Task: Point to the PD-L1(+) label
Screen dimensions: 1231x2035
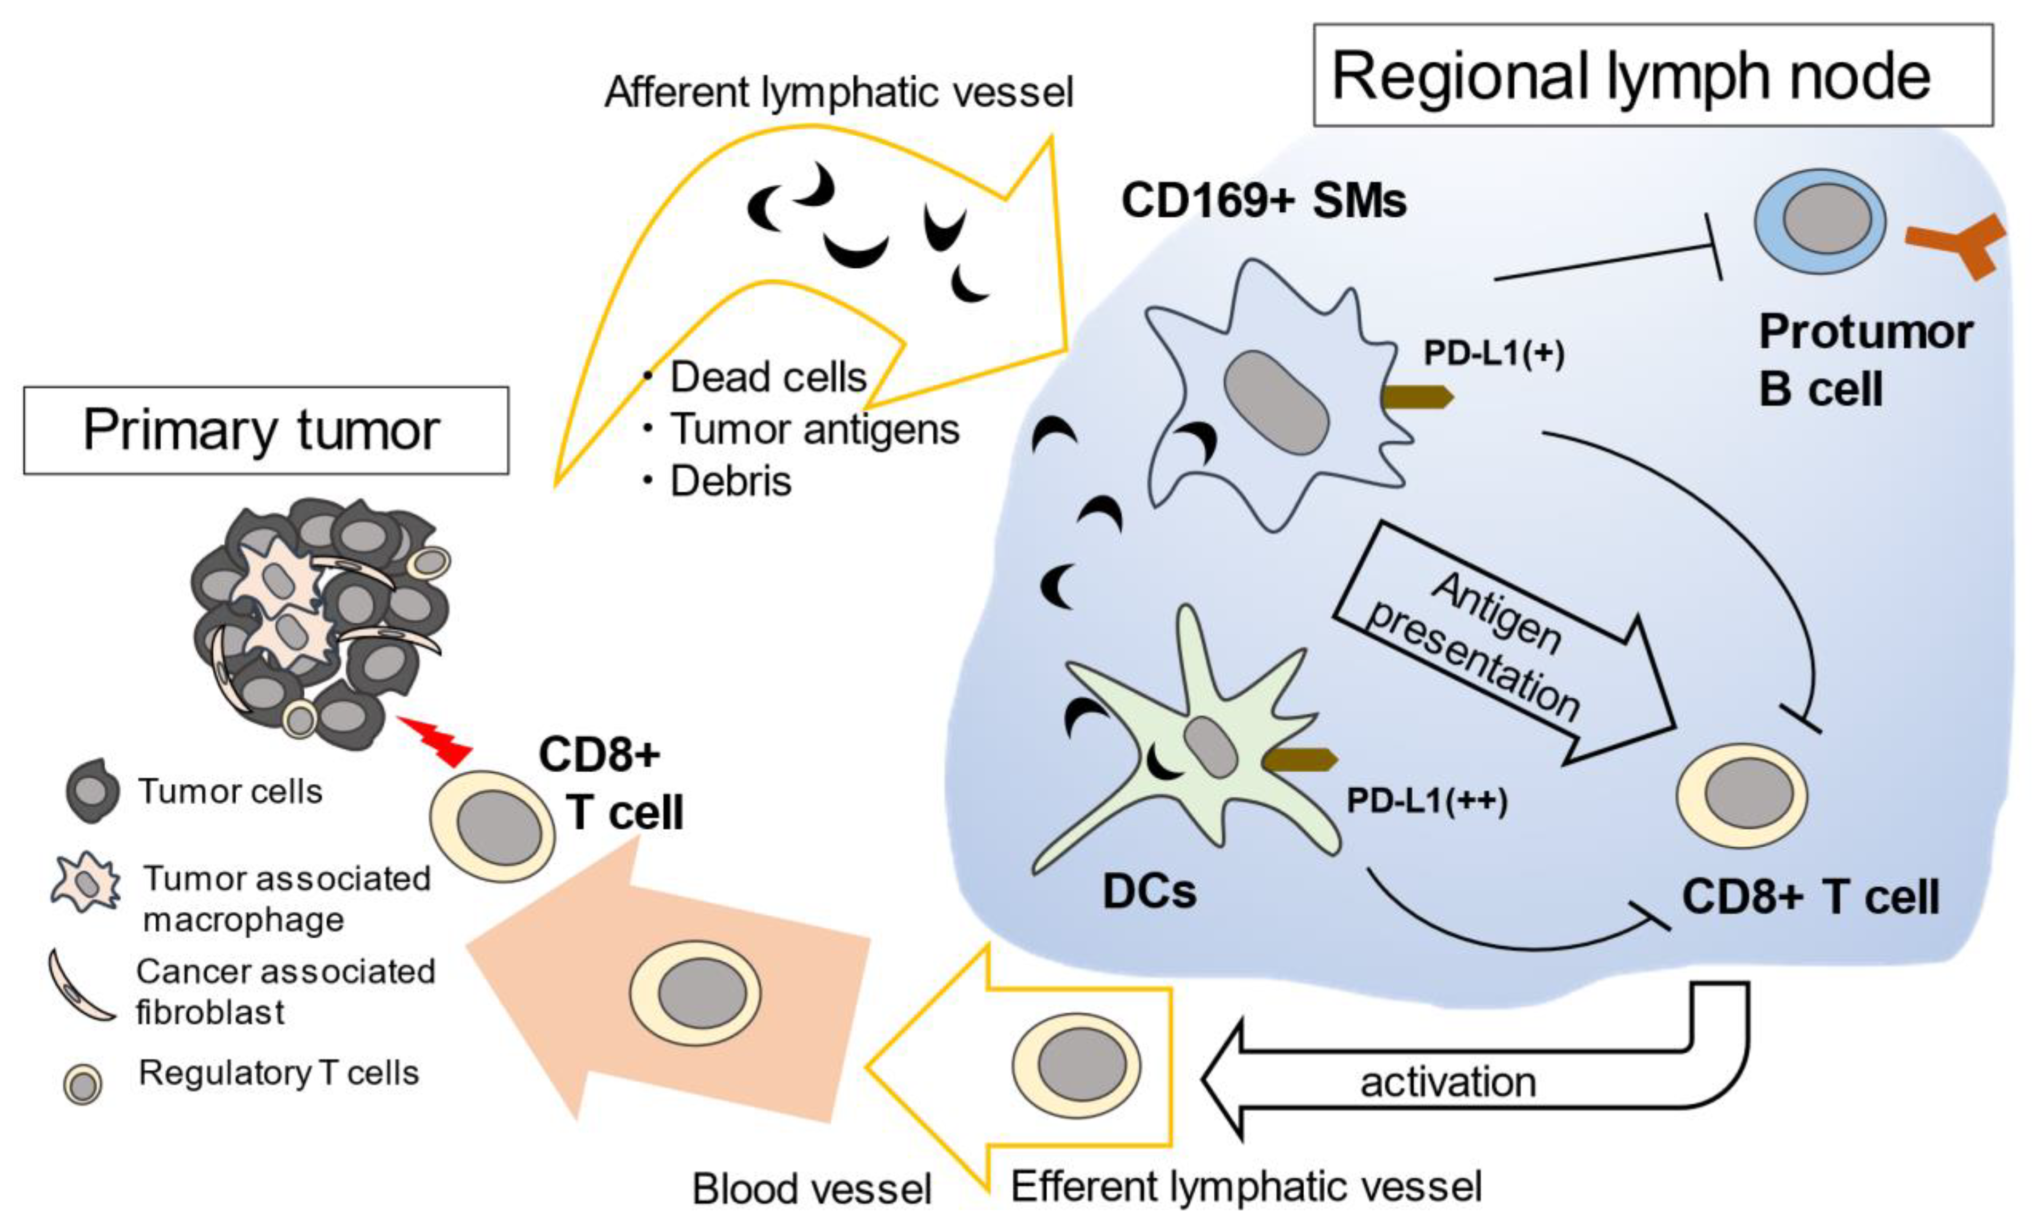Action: coord(1493,353)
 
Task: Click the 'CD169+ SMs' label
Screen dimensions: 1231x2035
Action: coord(1264,201)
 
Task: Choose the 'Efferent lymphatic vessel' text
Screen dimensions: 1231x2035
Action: coord(1246,1187)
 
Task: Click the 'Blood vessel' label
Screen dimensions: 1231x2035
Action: coord(811,1189)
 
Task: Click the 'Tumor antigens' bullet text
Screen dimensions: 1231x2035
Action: coord(813,429)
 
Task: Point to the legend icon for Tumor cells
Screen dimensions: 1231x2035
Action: coord(91,791)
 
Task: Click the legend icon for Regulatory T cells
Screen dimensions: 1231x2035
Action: coord(82,1085)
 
